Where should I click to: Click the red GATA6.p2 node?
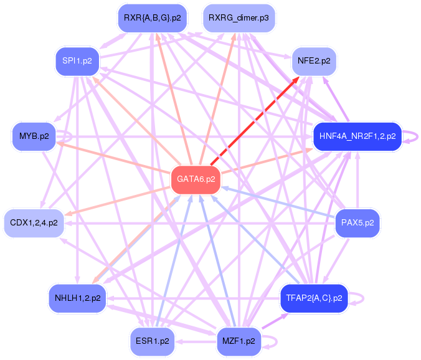click(196, 179)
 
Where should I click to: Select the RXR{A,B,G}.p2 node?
click(152, 17)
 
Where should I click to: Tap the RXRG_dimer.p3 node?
click(239, 17)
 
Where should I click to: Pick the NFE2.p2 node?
click(314, 61)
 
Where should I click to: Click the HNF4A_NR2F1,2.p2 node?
click(357, 136)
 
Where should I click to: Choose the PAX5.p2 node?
click(357, 222)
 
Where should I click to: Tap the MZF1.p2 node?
click(239, 341)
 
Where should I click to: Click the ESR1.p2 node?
click(152, 341)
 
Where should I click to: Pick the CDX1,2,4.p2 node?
click(34, 222)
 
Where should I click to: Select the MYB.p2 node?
click(34, 136)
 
